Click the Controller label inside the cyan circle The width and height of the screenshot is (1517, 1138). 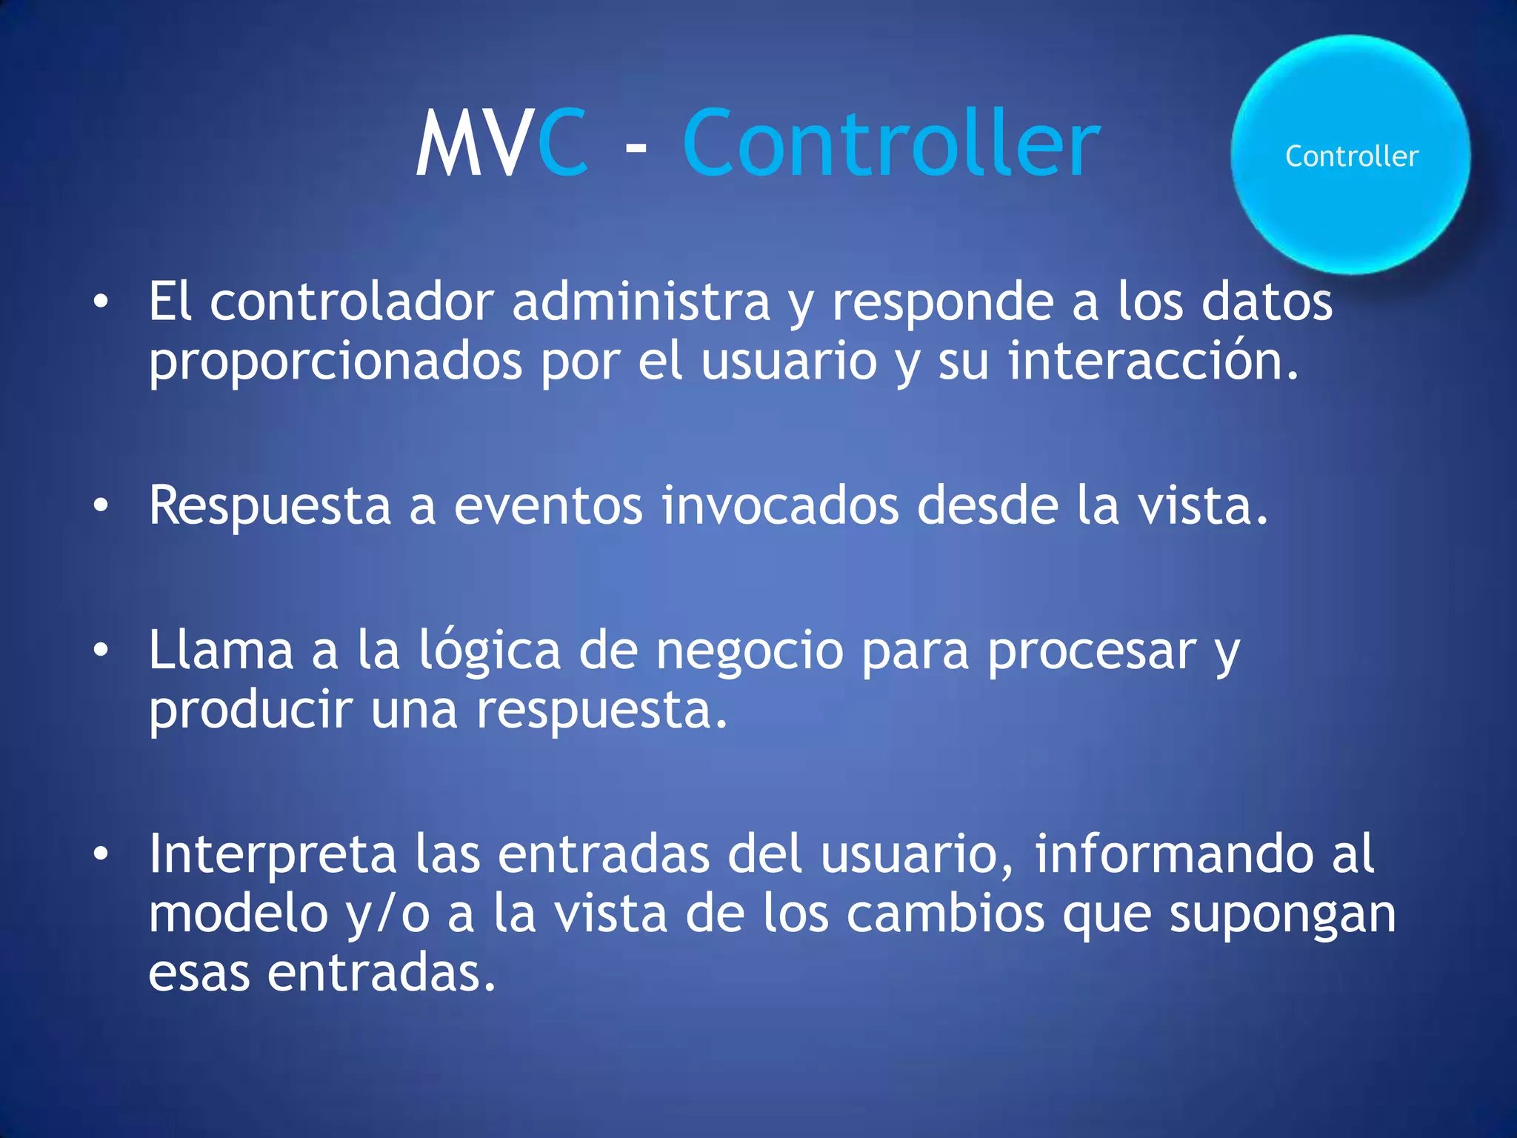(x=1352, y=156)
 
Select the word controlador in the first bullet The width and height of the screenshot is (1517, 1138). (x=351, y=302)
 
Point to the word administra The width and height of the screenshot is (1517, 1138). (x=641, y=302)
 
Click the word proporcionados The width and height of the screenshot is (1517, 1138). (x=336, y=362)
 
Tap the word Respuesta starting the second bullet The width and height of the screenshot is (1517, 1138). (x=270, y=506)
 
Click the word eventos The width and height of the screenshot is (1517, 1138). (x=548, y=506)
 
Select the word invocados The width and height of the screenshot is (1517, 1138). (x=780, y=506)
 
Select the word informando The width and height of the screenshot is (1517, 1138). (x=1173, y=854)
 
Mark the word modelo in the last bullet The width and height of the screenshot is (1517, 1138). (x=238, y=914)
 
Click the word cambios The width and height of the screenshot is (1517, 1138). (x=945, y=914)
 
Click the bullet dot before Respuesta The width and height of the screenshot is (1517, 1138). (x=101, y=506)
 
